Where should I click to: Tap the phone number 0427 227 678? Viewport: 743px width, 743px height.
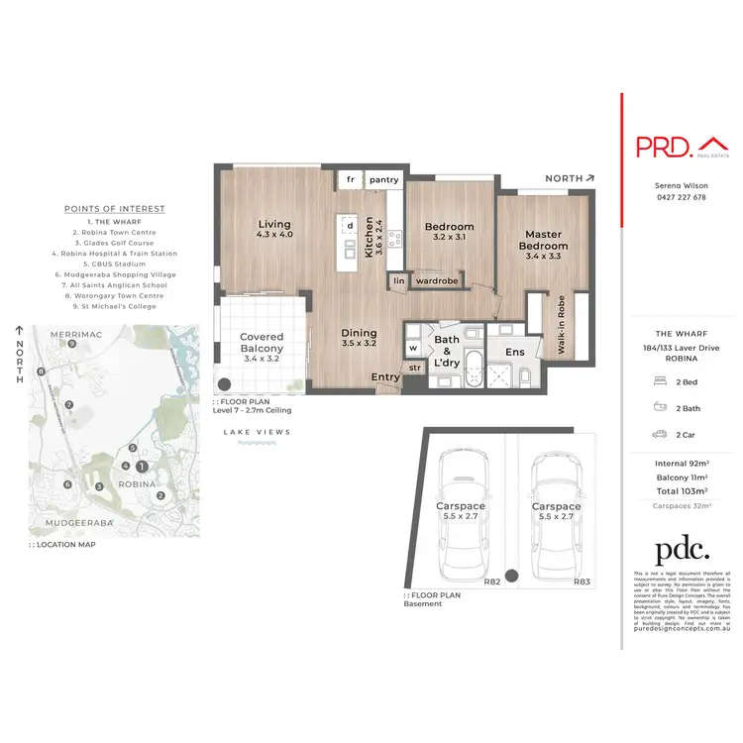[681, 197]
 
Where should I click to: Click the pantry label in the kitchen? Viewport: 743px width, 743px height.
[384, 180]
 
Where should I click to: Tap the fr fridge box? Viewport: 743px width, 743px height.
[350, 180]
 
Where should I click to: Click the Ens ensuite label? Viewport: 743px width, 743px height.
[515, 351]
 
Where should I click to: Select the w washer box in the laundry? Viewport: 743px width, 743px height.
[413, 349]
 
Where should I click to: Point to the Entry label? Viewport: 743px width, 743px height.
[385, 376]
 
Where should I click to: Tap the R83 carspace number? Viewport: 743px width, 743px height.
[583, 583]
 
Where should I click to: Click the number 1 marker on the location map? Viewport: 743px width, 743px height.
[142, 466]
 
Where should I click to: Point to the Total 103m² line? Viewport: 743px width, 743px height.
[681, 490]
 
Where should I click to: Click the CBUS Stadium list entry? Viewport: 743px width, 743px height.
[115, 265]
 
